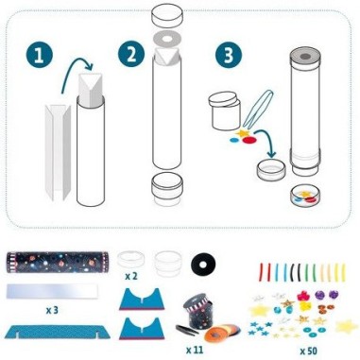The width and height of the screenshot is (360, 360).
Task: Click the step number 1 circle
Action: (40, 56)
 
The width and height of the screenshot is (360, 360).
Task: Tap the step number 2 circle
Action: (131, 54)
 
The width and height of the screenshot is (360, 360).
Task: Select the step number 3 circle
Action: (229, 55)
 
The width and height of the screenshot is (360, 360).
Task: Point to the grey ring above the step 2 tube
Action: (166, 40)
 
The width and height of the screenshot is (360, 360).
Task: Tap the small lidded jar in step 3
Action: (225, 112)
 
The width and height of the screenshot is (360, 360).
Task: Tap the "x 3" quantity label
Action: (52, 310)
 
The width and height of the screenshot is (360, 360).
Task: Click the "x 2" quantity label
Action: (131, 276)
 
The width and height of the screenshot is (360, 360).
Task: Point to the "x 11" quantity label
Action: (195, 350)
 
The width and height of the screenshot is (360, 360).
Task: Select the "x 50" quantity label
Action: (309, 351)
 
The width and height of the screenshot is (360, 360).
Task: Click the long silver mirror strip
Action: (52, 291)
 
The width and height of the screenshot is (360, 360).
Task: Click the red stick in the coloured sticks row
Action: (262, 271)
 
